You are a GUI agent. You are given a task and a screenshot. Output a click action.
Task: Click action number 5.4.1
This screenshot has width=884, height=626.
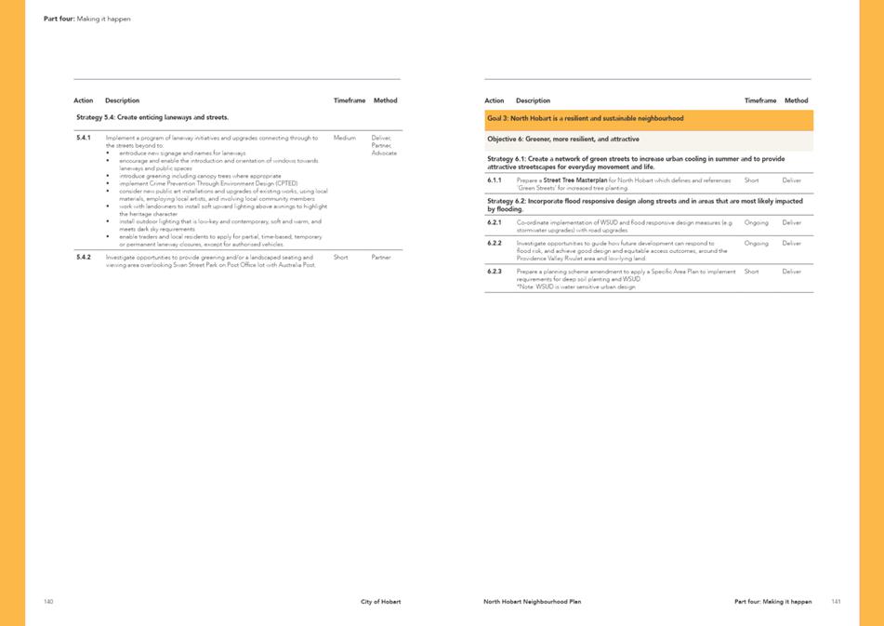point(83,138)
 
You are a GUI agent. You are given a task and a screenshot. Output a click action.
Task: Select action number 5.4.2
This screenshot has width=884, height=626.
point(84,257)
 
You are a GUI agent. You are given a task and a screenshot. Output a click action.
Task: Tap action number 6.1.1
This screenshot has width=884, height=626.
point(495,180)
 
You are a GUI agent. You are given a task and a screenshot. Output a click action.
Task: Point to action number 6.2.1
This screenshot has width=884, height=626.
point(495,222)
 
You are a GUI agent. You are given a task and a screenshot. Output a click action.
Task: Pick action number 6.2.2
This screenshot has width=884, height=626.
point(495,244)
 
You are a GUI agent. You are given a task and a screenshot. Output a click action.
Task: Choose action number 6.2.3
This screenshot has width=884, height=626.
point(495,272)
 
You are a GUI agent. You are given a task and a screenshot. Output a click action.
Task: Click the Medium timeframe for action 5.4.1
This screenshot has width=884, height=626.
point(344,138)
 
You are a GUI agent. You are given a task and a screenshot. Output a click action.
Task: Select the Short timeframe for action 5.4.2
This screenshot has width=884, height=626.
point(340,257)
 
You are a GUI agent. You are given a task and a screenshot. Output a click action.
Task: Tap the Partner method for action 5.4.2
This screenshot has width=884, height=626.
point(381,257)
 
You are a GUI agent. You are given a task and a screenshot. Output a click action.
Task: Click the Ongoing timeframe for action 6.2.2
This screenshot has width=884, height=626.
point(757,244)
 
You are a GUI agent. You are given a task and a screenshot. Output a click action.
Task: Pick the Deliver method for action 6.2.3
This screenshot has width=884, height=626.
point(792,272)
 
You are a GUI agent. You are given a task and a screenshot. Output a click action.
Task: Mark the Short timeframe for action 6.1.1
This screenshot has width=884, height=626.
point(752,180)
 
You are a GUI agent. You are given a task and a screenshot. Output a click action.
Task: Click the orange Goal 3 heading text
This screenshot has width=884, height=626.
point(585,119)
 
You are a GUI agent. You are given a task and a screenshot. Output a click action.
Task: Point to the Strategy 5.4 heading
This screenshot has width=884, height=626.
point(152,118)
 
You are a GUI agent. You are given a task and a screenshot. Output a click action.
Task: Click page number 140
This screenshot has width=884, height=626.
point(48,602)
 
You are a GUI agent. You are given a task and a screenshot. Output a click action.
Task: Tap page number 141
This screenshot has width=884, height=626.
point(836,602)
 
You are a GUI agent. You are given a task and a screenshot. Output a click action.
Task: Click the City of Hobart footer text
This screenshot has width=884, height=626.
point(381,602)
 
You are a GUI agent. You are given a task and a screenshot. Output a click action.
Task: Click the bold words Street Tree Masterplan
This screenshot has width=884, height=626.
point(571,180)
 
